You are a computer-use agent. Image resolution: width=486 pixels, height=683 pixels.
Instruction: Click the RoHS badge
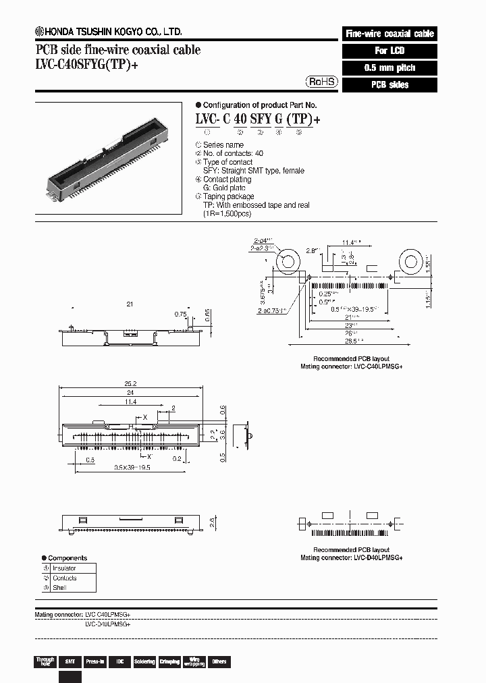[x=323, y=82]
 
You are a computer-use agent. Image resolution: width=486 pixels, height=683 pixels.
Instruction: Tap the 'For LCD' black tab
[x=389, y=51]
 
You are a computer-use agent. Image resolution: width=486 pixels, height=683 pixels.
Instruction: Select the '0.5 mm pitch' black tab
[x=389, y=67]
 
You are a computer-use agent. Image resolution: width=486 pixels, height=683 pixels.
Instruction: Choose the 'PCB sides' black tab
[x=389, y=85]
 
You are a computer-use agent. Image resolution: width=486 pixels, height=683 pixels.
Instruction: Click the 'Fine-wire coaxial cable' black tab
[x=389, y=33]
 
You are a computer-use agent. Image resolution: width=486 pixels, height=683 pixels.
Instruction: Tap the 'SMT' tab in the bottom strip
[x=70, y=661]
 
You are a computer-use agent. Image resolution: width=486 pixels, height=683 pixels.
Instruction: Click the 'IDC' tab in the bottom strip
[x=119, y=661]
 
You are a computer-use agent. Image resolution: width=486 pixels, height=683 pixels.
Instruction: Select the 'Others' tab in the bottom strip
[x=219, y=661]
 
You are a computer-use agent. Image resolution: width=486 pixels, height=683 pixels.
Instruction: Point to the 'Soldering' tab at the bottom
[x=144, y=661]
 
